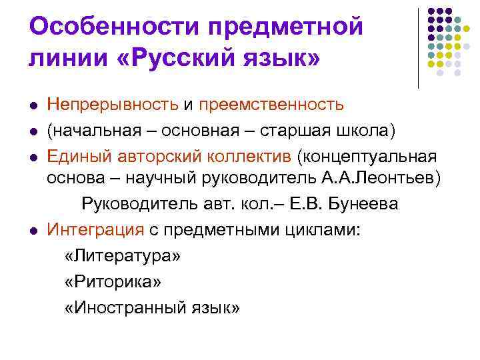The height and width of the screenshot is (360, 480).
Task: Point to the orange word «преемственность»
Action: [x=271, y=104]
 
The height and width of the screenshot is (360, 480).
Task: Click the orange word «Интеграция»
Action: [x=95, y=230]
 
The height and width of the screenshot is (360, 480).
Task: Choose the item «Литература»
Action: [x=123, y=256]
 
